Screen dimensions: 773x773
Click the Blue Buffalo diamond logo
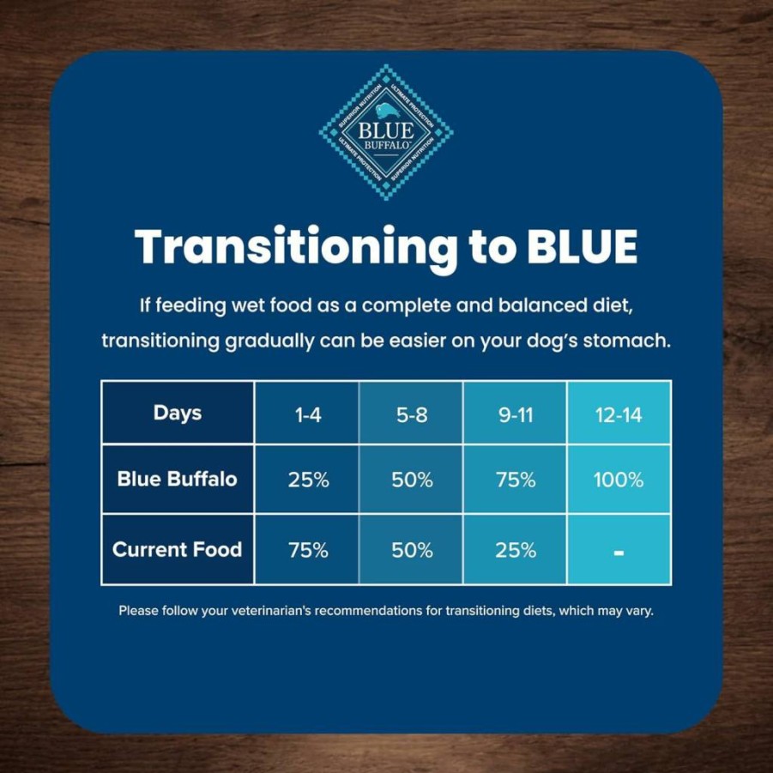pos(386,132)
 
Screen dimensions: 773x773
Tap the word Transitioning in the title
pos(296,247)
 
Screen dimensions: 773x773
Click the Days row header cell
pos(178,413)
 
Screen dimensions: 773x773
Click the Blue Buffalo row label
pos(178,479)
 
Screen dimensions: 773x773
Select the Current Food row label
pos(178,549)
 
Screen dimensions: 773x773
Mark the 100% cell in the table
pos(619,480)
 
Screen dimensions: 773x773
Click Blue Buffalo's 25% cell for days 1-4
pos(308,480)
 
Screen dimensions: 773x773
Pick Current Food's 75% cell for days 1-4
pos(308,550)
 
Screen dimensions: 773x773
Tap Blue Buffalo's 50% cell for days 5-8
pos(412,480)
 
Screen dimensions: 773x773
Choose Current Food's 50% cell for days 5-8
pos(412,550)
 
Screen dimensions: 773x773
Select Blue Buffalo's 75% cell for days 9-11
pos(516,480)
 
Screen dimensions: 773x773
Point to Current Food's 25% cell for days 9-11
pos(516,550)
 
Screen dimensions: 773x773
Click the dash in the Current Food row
pos(619,553)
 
